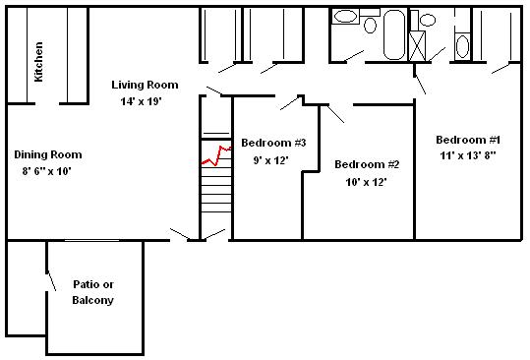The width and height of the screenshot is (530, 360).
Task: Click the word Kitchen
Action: (39, 62)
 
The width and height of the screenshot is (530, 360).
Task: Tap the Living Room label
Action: (145, 85)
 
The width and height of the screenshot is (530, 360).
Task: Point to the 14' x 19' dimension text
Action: (142, 101)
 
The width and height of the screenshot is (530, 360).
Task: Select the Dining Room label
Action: (48, 154)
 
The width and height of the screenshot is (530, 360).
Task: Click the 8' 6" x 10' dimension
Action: (46, 171)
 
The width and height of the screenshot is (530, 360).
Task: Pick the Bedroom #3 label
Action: (273, 143)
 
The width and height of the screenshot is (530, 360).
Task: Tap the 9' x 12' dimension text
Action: (270, 160)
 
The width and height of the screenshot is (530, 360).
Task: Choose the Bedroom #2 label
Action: (367, 164)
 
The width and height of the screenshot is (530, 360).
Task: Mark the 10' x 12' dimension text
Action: (366, 182)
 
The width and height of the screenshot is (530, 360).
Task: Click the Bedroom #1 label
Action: (468, 140)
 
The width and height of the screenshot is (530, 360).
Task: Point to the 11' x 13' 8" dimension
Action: (468, 155)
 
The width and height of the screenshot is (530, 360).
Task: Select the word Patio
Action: (93, 284)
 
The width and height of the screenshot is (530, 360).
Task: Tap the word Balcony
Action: (93, 300)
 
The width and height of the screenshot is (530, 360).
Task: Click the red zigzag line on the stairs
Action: (215, 155)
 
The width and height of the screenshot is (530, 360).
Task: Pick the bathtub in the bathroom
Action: (394, 34)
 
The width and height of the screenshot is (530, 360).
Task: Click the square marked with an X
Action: (417, 46)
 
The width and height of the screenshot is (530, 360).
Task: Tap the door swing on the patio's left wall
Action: (51, 280)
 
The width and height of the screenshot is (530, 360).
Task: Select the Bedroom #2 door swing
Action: (335, 114)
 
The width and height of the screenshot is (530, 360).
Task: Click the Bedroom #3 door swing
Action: (290, 103)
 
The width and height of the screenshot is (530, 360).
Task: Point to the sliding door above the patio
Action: (92, 240)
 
